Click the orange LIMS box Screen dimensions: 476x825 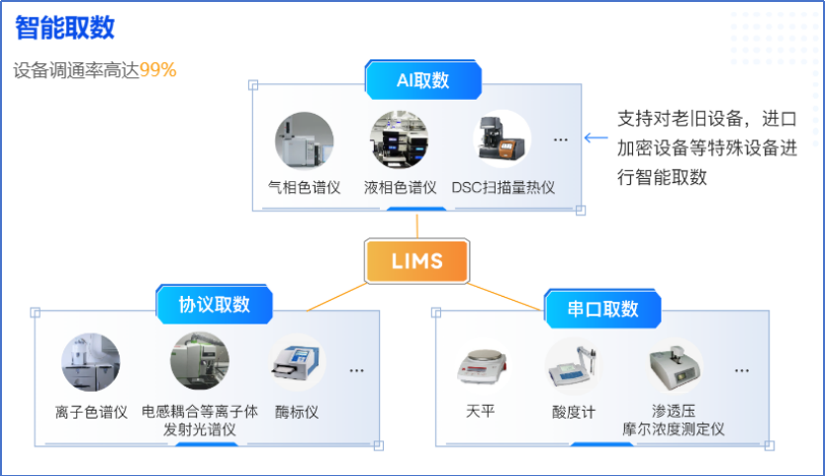pyautogui.click(x=415, y=261)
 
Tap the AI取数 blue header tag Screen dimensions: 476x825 pyautogui.click(x=422, y=80)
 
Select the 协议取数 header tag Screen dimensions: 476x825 pyautogui.click(x=214, y=304)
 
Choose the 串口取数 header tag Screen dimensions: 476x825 pyautogui.click(x=603, y=309)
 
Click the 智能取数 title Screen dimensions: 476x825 pyautogui.click(x=64, y=28)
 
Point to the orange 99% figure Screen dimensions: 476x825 pyautogui.click(x=158, y=70)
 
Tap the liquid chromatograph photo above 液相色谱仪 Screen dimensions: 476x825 pyautogui.click(x=400, y=140)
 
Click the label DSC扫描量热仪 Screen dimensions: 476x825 pyautogui.click(x=503, y=187)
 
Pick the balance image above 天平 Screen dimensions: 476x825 pyautogui.click(x=480, y=366)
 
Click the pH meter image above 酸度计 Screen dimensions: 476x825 pyautogui.click(x=574, y=366)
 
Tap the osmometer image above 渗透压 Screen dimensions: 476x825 pyautogui.click(x=676, y=366)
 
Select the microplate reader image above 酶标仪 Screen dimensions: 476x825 pyautogui.click(x=297, y=363)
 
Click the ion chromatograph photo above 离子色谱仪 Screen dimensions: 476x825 pyautogui.click(x=91, y=362)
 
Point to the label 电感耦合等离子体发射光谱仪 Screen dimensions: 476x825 pyautogui.click(x=200, y=421)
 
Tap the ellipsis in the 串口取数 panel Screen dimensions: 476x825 pyautogui.click(x=741, y=371)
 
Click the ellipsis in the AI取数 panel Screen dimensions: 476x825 pyautogui.click(x=561, y=141)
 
